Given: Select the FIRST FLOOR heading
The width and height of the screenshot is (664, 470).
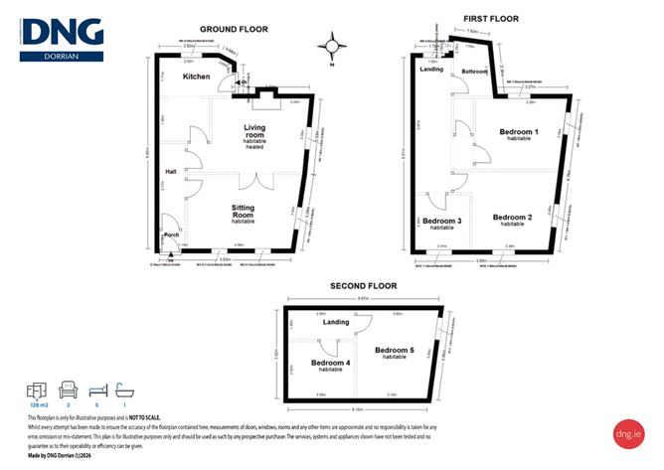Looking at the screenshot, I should tap(492, 19).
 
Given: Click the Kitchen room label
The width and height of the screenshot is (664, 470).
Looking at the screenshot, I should tap(197, 77).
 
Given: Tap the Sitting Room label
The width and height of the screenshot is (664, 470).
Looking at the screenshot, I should tap(246, 211).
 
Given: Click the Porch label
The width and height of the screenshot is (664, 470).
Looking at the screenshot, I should tap(171, 235).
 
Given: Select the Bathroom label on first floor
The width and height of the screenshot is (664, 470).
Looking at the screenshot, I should tap(474, 72).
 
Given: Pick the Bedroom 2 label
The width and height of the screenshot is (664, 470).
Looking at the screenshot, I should tap(513, 218).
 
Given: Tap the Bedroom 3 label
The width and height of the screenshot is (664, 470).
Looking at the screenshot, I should tap(442, 221).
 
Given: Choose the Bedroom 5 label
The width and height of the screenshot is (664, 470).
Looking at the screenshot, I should tap(395, 351).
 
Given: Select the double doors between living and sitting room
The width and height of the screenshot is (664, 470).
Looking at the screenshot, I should tap(260, 181).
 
